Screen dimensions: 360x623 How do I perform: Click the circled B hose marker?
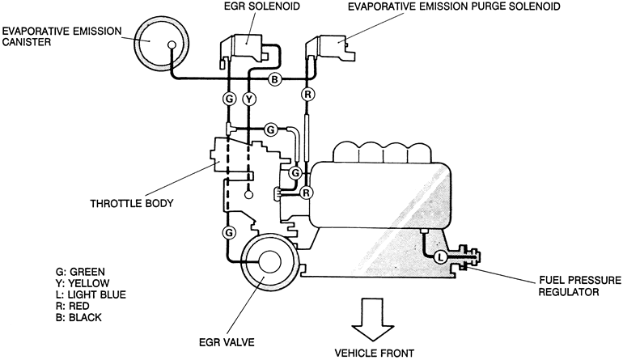tap(274, 79)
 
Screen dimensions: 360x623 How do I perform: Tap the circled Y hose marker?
tap(250, 100)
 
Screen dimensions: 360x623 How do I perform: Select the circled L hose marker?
tap(439, 257)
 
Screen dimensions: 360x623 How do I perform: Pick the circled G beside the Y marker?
tap(228, 100)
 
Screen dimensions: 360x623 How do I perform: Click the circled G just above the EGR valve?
tap(228, 232)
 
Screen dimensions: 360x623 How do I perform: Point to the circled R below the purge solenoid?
tap(307, 95)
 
